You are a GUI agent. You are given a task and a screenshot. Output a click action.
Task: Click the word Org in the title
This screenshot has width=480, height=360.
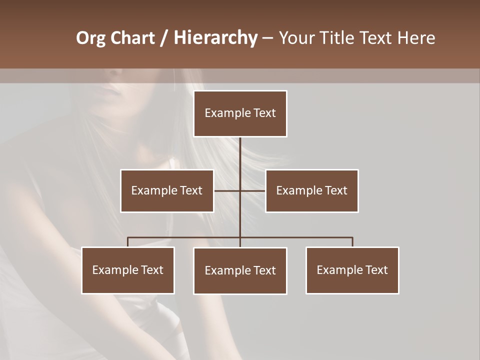[90, 38]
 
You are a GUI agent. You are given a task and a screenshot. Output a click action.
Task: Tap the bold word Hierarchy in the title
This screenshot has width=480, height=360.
[215, 38]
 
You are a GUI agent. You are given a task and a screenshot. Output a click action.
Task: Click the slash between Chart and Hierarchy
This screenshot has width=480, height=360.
[164, 38]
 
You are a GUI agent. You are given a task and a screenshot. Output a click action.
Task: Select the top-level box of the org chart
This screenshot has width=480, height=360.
[240, 113]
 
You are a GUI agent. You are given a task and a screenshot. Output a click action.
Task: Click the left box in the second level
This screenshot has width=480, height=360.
[167, 190]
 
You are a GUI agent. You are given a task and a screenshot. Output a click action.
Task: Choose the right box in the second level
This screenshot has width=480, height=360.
[311, 190]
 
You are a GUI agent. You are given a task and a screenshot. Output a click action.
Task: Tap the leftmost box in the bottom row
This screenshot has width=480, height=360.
[128, 270]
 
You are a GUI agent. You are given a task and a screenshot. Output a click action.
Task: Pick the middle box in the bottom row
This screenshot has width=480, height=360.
[240, 270]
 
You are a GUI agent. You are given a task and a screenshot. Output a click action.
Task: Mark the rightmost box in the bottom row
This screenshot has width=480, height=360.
[352, 270]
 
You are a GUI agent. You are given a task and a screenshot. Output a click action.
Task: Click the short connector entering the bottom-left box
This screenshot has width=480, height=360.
[128, 242]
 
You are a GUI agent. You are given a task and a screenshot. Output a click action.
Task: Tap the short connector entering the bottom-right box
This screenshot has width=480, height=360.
[352, 242]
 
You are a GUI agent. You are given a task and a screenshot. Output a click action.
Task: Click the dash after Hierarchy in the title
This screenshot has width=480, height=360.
[267, 38]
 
